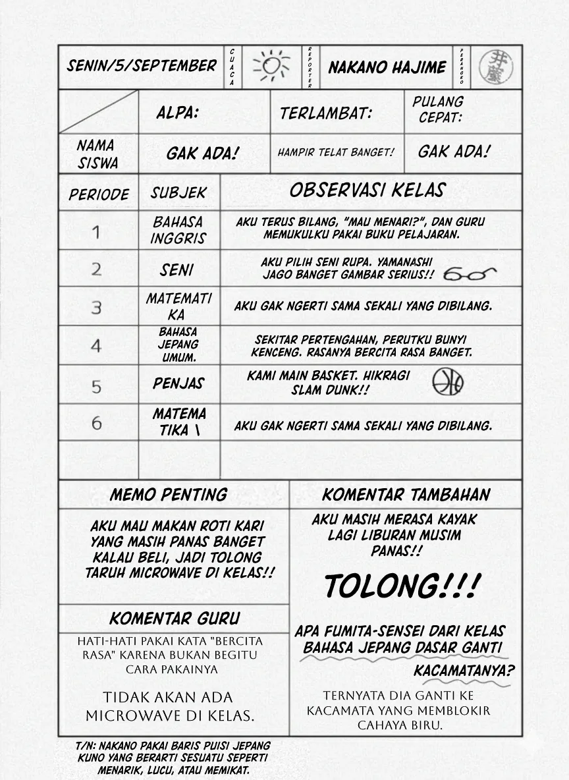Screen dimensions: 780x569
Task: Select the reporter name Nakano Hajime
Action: (387, 67)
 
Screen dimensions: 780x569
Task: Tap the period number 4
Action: (97, 346)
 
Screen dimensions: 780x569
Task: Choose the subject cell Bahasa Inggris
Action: (178, 230)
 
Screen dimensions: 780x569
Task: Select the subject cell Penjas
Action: (178, 383)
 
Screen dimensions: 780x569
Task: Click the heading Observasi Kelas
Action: (367, 191)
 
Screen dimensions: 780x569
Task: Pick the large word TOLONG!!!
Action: (402, 586)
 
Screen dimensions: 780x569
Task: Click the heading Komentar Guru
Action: (175, 619)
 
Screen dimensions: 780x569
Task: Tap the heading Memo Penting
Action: (168, 495)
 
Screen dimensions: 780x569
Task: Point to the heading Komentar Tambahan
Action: (406, 495)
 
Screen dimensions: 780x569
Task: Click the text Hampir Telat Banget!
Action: (336, 152)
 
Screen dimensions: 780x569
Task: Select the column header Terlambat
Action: (325, 113)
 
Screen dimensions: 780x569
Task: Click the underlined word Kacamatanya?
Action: (464, 671)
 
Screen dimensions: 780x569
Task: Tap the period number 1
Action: (97, 231)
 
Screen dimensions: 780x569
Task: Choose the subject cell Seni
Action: (176, 270)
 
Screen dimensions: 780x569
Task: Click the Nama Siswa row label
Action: (97, 154)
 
